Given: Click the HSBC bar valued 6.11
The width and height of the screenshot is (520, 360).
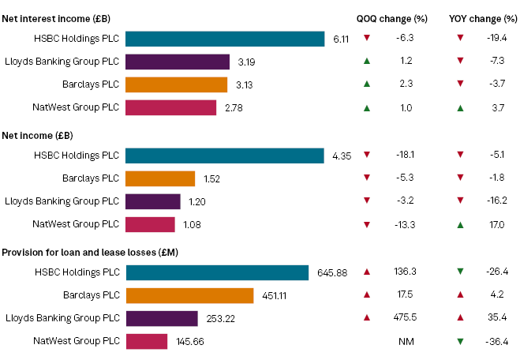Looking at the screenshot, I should pyautogui.click(x=225, y=39).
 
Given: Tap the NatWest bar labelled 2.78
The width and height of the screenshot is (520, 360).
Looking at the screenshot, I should pyautogui.click(x=170, y=107).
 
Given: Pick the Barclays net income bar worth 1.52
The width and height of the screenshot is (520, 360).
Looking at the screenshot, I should pyautogui.click(x=160, y=178).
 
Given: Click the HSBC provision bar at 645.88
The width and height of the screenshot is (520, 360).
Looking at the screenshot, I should pyautogui.click(x=217, y=272).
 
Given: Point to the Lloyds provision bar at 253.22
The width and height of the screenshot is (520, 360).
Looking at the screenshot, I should pyautogui.click(x=162, y=318).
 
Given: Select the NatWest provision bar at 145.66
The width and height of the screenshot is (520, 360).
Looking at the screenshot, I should pyautogui.click(x=147, y=341).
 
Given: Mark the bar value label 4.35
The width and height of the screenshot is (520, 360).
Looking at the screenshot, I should pyautogui.click(x=342, y=156).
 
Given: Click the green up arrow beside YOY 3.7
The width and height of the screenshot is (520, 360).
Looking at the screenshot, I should pyautogui.click(x=461, y=107).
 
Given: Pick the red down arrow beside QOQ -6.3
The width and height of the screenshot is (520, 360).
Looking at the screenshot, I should pyautogui.click(x=366, y=38).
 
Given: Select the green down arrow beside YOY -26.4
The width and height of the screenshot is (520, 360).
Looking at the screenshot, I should pyautogui.click(x=461, y=272).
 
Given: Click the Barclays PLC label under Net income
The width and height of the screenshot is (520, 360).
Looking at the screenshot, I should pyautogui.click(x=91, y=178).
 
